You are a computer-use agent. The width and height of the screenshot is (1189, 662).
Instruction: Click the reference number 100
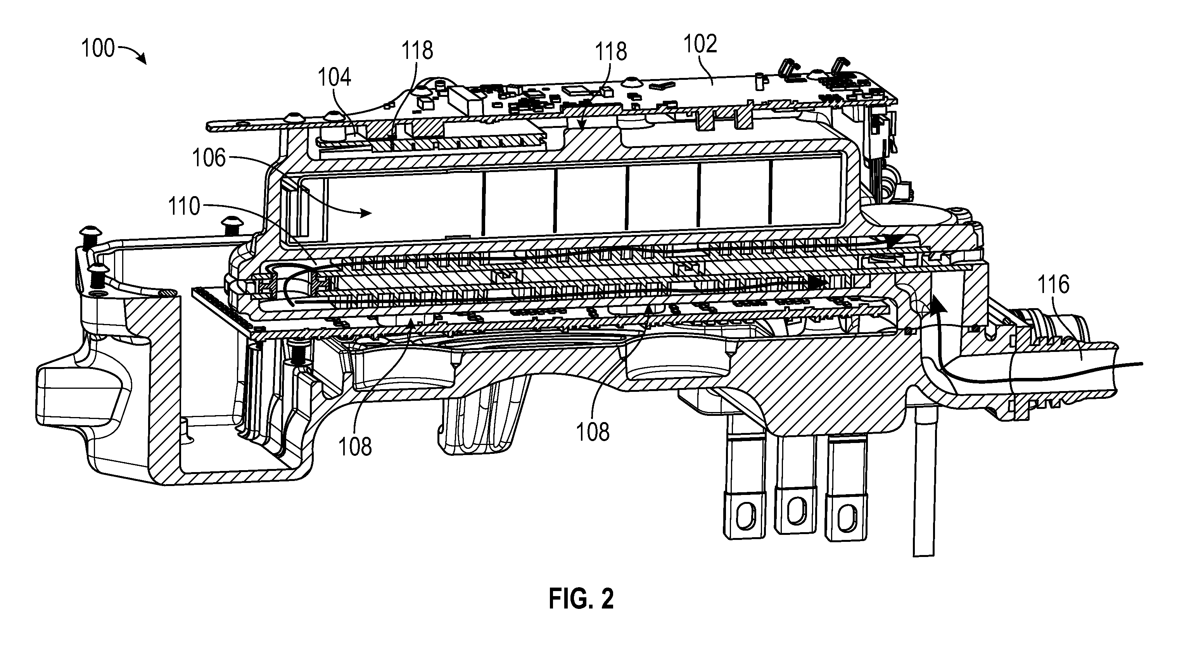[x=97, y=48]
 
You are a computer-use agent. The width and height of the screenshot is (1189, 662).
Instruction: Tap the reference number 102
[x=700, y=44]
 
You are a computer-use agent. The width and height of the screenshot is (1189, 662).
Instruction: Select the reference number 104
[x=334, y=77]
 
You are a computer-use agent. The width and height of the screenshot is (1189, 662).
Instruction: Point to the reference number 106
[x=209, y=158]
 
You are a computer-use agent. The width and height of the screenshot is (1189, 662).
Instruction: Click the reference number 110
[x=184, y=206]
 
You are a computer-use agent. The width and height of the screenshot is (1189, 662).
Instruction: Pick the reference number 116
[x=1053, y=284]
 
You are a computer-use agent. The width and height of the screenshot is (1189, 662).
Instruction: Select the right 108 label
[x=593, y=432]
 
